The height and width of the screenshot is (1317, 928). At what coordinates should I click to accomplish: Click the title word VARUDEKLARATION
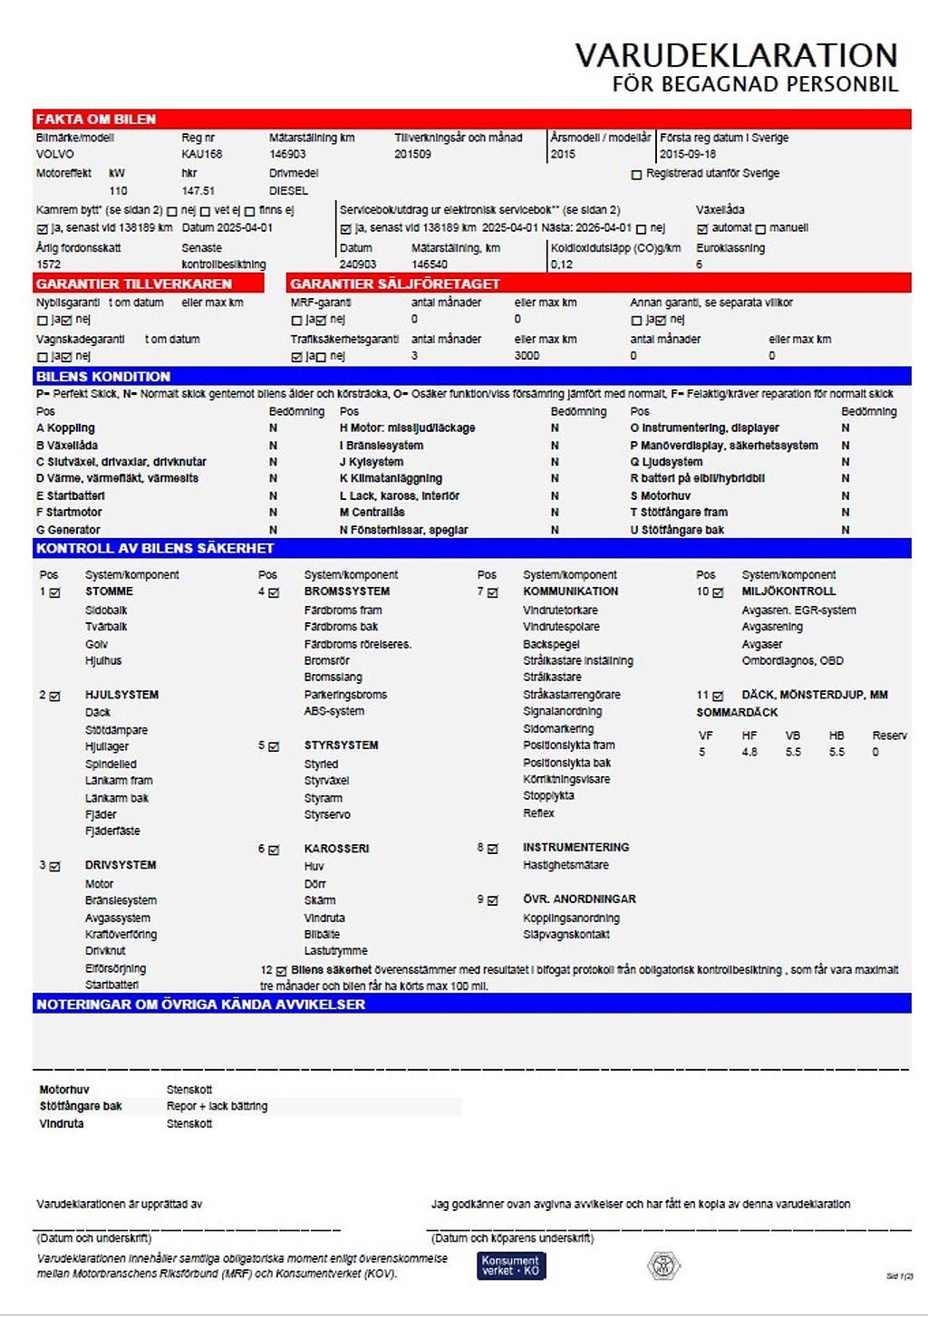coord(736,56)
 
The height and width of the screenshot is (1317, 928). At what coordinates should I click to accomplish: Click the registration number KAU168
coord(201,155)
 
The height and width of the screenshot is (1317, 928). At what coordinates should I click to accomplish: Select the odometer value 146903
coord(287,155)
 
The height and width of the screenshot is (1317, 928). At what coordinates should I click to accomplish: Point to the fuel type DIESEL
coord(288,191)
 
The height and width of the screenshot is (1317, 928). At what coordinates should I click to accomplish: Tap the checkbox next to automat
coord(702,229)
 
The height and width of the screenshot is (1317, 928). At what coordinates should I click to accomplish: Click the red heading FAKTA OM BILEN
coord(96,120)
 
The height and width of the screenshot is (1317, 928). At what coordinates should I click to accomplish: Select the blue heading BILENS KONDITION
coord(103,377)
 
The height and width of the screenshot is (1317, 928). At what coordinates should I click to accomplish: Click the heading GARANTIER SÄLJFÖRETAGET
coord(395,284)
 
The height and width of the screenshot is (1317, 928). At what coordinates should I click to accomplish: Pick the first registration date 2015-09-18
coord(688,155)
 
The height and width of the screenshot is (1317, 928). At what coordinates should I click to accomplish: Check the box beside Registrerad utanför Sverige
coord(636,174)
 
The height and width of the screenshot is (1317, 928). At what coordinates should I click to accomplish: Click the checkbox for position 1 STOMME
coord(55,592)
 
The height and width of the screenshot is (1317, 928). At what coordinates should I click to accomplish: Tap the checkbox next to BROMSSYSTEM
coord(274,592)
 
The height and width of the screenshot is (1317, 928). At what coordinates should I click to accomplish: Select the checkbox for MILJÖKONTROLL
coord(718,592)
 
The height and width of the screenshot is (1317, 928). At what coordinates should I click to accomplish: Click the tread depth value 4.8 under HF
coord(749,753)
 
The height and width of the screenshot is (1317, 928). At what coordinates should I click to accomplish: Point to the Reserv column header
coord(889,735)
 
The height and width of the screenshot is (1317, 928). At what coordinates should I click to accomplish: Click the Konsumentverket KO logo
coord(511,1265)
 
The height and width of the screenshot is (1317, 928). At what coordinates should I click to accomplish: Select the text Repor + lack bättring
coord(217,1107)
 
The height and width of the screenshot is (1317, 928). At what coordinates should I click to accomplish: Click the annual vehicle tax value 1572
coord(49,264)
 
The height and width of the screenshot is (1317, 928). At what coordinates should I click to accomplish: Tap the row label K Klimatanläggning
coord(391,478)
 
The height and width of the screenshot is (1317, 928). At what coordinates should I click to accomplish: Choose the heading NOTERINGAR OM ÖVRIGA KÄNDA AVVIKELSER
coord(200,1005)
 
